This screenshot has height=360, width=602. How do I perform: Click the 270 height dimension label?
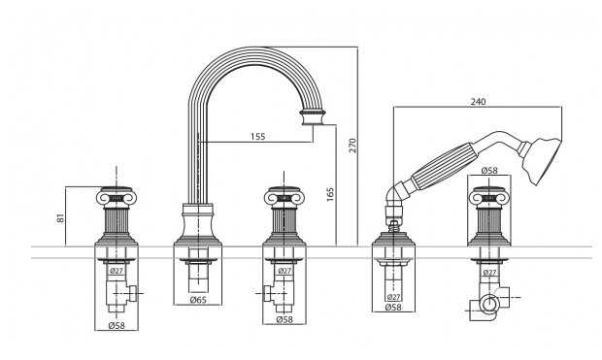pos(353,146)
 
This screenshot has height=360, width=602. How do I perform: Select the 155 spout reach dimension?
pos(258,136)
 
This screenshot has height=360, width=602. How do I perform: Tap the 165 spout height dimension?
pos(330,194)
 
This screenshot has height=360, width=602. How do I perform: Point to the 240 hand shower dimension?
pos(478,101)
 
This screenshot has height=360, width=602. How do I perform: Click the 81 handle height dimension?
pos(60,218)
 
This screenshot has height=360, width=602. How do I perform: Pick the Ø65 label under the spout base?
pos(198,300)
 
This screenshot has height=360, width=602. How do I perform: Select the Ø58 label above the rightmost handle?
pos(489,170)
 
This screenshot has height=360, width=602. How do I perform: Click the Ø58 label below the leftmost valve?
pos(117,325)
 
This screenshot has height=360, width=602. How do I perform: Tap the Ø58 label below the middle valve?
pos(284,319)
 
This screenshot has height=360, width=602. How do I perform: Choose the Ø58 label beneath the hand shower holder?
pos(393,307)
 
